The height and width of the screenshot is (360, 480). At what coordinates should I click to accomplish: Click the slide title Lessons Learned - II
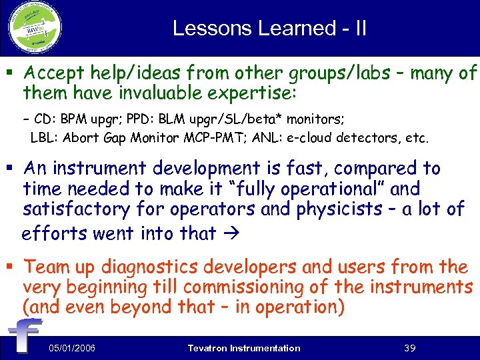click(x=269, y=28)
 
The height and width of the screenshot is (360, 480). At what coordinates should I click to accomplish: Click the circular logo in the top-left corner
click(x=34, y=28)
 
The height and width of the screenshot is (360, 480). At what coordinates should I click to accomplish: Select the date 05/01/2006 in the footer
click(x=71, y=348)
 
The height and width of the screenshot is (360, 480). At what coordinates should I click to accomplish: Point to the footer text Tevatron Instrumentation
click(x=244, y=348)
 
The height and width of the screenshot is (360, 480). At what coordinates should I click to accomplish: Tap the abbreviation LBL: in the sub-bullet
click(x=43, y=139)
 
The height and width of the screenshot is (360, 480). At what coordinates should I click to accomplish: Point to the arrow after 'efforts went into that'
click(x=227, y=233)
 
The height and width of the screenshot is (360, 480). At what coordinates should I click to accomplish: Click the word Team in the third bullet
click(x=48, y=267)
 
